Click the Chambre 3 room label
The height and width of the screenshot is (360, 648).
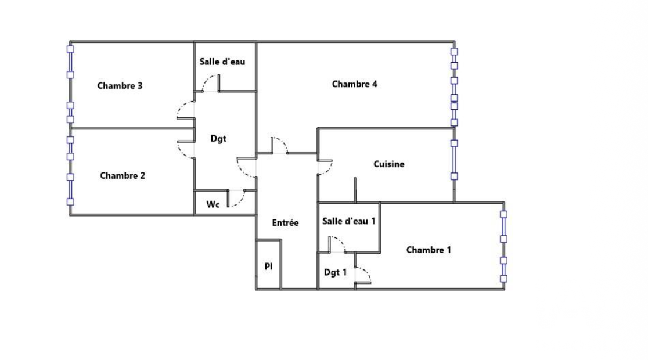pyautogui.click(x=120, y=85)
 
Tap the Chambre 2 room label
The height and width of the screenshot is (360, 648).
pyautogui.click(x=123, y=175)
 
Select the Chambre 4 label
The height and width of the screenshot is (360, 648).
pyautogui.click(x=355, y=84)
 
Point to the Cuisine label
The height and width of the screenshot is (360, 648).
pyautogui.click(x=389, y=164)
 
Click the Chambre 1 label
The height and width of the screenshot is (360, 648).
pyautogui.click(x=429, y=250)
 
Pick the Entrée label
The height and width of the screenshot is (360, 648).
pyautogui.click(x=285, y=222)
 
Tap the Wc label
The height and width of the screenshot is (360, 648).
pyautogui.click(x=213, y=204)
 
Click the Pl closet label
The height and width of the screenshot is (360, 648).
pyautogui.click(x=269, y=267)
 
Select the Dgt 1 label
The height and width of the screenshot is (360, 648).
pyautogui.click(x=335, y=272)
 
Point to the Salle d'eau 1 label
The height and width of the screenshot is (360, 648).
pyautogui.click(x=349, y=221)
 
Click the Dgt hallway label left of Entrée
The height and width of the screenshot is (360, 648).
pyautogui.click(x=218, y=138)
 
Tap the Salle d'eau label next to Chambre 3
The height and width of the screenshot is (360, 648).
pyautogui.click(x=222, y=62)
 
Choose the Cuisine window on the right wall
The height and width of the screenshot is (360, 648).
pyautogui.click(x=453, y=160)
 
